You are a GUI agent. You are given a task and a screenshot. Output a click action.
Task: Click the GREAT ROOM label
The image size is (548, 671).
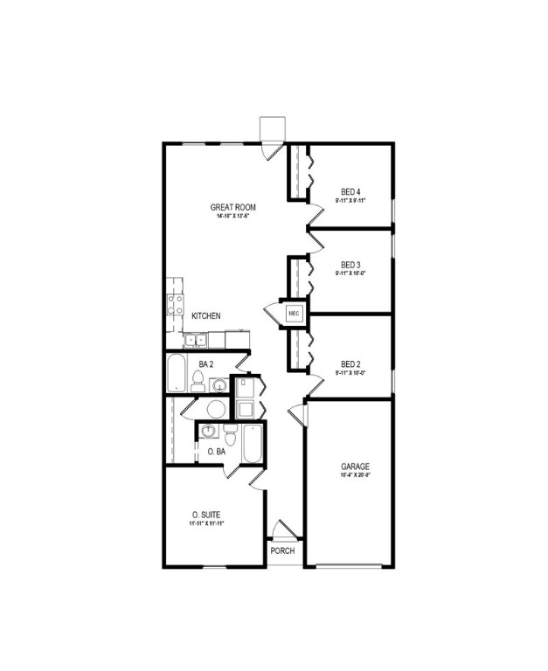(x=232, y=207)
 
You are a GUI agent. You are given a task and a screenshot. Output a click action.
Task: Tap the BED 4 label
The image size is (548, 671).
(x=350, y=191)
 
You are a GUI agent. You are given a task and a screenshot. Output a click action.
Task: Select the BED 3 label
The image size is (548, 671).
(x=350, y=264)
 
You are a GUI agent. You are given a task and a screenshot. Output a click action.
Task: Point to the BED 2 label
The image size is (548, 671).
(x=350, y=363)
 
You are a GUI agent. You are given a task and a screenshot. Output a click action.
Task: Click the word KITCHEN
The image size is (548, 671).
(x=206, y=315)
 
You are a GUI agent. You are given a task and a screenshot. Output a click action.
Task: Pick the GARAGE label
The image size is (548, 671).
(x=355, y=467)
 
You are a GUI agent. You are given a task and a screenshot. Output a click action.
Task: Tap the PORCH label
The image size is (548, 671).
(x=282, y=551)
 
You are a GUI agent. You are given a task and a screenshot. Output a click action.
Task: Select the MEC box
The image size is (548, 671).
(x=293, y=312)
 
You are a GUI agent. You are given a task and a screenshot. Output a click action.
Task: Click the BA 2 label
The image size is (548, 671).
(x=206, y=363)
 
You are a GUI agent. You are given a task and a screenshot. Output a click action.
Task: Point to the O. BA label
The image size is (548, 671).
(x=216, y=452)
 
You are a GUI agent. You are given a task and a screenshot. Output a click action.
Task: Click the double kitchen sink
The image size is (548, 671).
(x=195, y=339)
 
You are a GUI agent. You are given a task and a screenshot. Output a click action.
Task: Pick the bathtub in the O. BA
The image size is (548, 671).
(x=252, y=443)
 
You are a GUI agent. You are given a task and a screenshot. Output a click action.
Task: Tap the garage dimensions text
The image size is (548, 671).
(x=355, y=476)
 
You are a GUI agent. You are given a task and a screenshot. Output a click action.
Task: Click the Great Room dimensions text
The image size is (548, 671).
(x=232, y=217)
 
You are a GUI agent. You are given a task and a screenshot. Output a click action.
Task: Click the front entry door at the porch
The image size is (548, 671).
(x=282, y=530)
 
